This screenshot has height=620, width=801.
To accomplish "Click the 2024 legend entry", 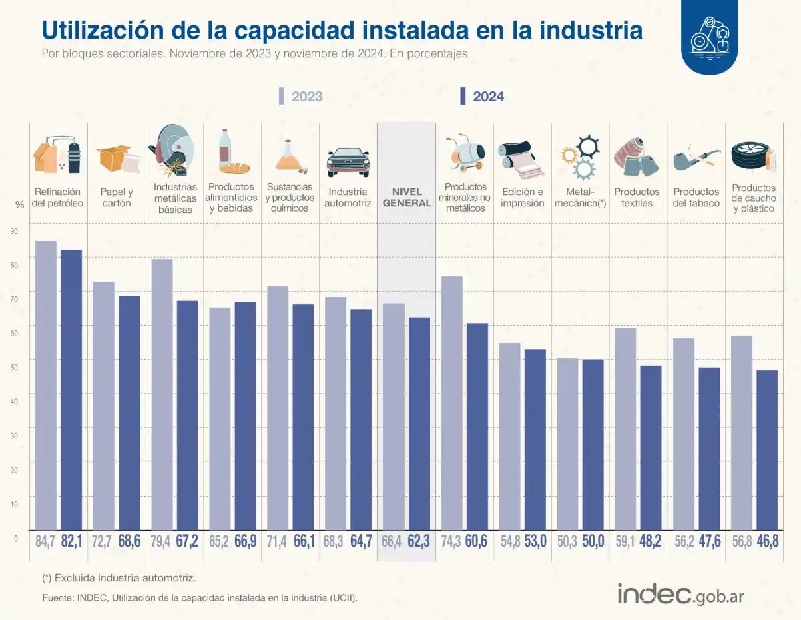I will [481, 97].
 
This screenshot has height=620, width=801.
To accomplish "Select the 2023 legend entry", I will [300, 97].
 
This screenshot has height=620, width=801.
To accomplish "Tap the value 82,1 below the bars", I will [71, 541].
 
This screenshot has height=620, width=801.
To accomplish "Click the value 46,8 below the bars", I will [768, 541].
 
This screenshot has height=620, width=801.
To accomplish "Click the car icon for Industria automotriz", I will [348, 161].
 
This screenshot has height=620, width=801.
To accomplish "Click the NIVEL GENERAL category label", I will [407, 197].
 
